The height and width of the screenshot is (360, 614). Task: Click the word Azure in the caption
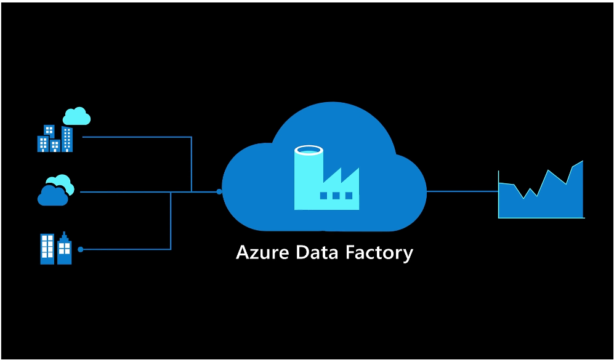(x=262, y=253)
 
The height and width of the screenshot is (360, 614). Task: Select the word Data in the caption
(x=317, y=253)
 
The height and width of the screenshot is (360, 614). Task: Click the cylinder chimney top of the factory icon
(x=309, y=150)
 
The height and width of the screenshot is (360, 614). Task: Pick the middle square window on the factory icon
(x=336, y=196)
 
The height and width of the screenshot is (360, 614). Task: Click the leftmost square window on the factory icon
(x=324, y=196)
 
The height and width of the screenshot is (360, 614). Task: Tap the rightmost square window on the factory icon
(x=349, y=196)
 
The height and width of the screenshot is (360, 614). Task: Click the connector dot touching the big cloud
(x=219, y=192)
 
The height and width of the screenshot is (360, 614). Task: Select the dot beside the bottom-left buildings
(x=80, y=249)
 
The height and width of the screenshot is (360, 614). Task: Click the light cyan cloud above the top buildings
(x=77, y=116)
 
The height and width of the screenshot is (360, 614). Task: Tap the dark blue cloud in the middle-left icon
(x=52, y=196)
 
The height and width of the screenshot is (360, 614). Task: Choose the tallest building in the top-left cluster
(x=67, y=139)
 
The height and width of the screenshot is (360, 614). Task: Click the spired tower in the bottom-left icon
(x=64, y=249)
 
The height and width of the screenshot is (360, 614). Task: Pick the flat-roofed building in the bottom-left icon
(x=47, y=249)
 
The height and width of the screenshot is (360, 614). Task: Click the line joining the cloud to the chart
(x=462, y=191)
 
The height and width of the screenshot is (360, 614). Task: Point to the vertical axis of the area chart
(x=498, y=194)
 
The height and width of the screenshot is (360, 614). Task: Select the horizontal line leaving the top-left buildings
(x=135, y=137)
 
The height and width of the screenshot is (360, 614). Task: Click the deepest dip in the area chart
(x=523, y=198)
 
